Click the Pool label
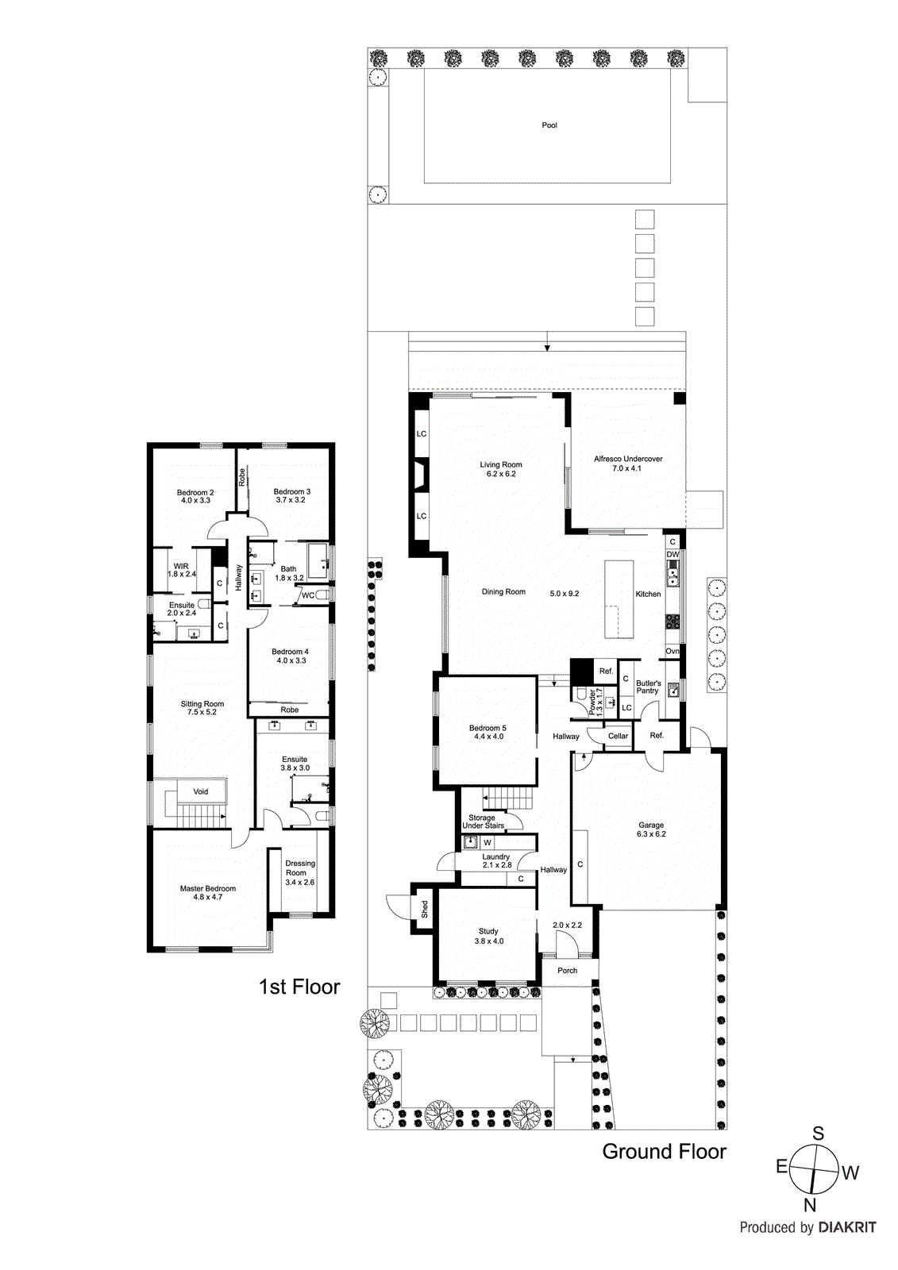(x=549, y=125)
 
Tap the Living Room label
(x=501, y=465)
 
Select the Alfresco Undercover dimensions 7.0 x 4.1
(x=626, y=468)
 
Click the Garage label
(x=651, y=825)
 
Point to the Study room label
(x=488, y=931)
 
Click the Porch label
(x=568, y=971)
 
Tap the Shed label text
(x=425, y=909)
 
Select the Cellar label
(x=619, y=736)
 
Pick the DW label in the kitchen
(x=673, y=554)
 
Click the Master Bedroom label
(x=208, y=888)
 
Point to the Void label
(x=201, y=791)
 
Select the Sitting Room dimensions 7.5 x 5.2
(x=202, y=712)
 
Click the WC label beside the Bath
(x=308, y=595)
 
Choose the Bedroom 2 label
(x=195, y=493)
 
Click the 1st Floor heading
(x=299, y=987)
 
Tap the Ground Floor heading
(x=664, y=1152)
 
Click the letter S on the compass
(x=818, y=1134)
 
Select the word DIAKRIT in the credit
(x=848, y=1227)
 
